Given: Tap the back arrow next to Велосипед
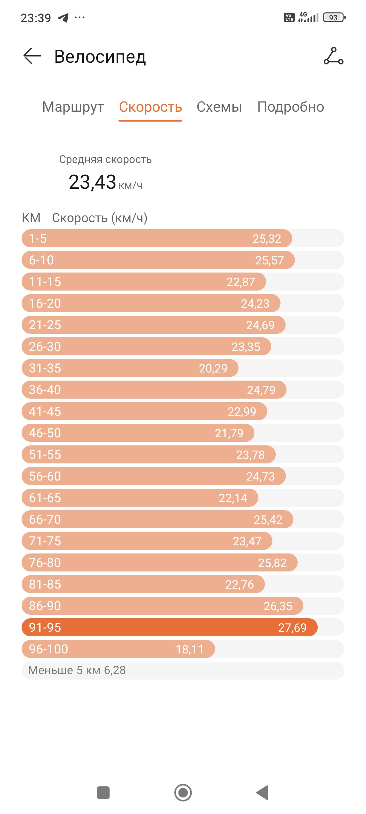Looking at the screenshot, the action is [x=32, y=56].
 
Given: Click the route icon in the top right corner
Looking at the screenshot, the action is [x=333, y=56].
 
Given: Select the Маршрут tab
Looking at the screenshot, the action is [x=73, y=107].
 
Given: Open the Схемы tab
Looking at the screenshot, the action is [x=219, y=107].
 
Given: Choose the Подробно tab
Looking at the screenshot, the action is [x=290, y=107].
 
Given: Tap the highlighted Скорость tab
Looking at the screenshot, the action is [x=150, y=107].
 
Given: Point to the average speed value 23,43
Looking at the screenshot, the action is [x=92, y=182].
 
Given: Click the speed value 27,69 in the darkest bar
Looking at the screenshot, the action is [x=292, y=628].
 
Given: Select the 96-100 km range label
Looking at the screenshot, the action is [x=49, y=649].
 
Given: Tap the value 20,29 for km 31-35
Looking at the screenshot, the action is [x=213, y=369].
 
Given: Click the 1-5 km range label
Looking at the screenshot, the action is [x=38, y=239].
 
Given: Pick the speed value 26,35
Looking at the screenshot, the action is [x=278, y=606].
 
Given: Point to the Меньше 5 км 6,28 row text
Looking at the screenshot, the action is [x=77, y=670].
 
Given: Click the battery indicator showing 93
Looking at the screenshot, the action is [x=334, y=18].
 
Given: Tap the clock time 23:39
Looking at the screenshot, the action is [x=36, y=18].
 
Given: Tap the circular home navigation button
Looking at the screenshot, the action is [x=183, y=792].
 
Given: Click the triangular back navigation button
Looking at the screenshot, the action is [x=262, y=792].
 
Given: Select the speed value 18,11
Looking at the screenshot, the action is [x=190, y=649].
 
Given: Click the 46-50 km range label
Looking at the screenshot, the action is [x=45, y=433].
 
